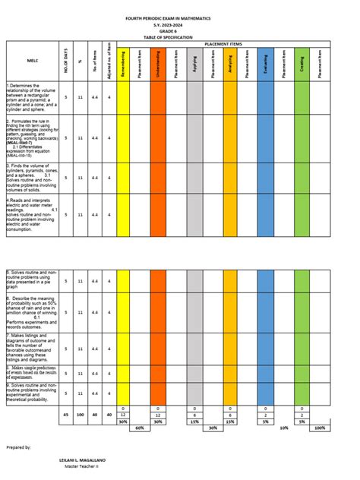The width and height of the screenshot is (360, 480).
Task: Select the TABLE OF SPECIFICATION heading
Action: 179,37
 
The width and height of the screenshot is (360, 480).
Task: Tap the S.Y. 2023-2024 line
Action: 179,24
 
